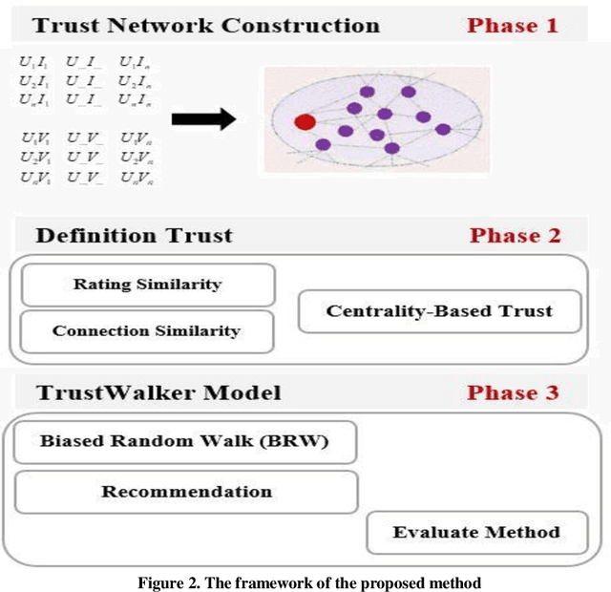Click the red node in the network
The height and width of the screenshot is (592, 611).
[305, 121]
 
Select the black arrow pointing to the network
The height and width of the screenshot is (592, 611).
[203, 119]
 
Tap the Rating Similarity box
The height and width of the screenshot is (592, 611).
[147, 284]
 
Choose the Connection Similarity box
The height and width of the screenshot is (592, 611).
[146, 330]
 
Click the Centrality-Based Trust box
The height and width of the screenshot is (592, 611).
[439, 311]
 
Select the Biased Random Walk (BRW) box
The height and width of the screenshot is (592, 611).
[185, 441]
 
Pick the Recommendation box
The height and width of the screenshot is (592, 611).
[186, 492]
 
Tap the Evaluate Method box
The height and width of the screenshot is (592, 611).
[475, 532]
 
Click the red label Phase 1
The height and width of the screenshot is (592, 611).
[512, 25]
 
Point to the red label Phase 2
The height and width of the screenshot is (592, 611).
[515, 235]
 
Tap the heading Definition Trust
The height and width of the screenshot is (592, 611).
[134, 235]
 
